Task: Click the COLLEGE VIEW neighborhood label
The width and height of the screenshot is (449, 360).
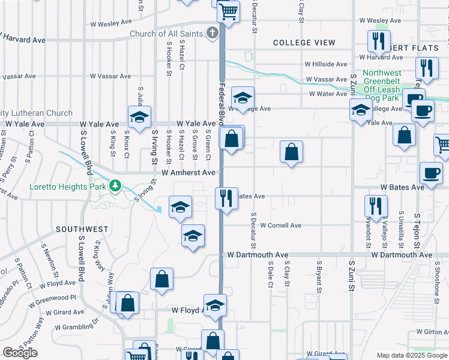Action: pos(304,43)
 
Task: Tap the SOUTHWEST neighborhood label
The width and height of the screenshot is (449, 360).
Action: pos(82,229)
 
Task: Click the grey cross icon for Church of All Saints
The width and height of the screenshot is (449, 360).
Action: pos(212,33)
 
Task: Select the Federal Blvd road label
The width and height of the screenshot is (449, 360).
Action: pos(221,102)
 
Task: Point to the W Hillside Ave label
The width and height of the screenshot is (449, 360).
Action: pos(325,64)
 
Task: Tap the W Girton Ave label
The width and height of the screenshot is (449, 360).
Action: pos(428,332)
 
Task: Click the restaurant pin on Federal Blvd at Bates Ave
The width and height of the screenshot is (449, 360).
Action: pos(226,197)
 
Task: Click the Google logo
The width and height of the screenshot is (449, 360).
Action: pos(20,353)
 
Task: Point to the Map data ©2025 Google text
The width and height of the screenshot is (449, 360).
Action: pos(412,355)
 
